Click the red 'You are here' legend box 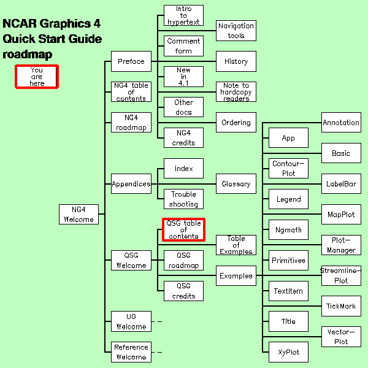37,77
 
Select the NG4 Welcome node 78,214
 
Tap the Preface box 131,61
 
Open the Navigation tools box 236,31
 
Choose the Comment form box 183,46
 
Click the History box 236,61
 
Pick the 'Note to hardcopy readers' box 236,91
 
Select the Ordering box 236,122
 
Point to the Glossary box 236,183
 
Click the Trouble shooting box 183,199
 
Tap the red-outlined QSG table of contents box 183,229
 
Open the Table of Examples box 236,245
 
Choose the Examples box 236,275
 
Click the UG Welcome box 131,321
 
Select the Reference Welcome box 131,352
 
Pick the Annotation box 341,122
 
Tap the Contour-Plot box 288,168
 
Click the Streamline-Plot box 341,275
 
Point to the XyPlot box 288,352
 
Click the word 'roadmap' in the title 28,54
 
